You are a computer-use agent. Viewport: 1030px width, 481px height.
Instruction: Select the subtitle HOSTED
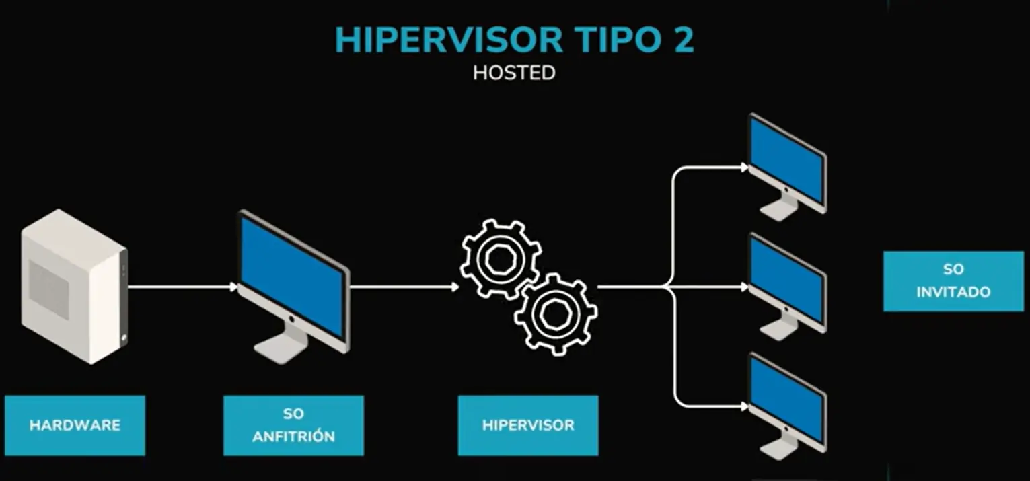pos(514,73)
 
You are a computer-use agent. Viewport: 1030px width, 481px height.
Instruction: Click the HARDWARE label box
pos(75,425)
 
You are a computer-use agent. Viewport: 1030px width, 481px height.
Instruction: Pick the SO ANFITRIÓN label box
pos(293,425)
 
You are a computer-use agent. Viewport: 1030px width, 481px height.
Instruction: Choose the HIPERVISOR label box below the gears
pos(528,425)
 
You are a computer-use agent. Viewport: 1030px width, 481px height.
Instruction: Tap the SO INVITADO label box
pos(953,281)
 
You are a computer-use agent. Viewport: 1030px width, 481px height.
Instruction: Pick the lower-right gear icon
pos(556,313)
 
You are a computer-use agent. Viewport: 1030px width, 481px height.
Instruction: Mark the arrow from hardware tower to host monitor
pos(182,287)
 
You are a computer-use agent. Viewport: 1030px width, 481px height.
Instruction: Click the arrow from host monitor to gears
pos(404,287)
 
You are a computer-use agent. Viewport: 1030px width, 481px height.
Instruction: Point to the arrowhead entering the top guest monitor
pos(744,168)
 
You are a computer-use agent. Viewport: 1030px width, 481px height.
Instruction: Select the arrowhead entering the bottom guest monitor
pos(744,407)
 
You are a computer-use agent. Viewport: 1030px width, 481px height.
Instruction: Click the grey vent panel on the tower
pos(48,289)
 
